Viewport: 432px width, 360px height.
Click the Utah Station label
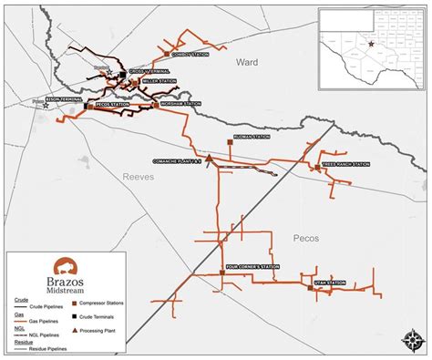coord(331,283)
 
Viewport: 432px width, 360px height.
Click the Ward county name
coord(247,63)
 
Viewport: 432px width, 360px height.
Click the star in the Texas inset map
coord(371,43)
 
